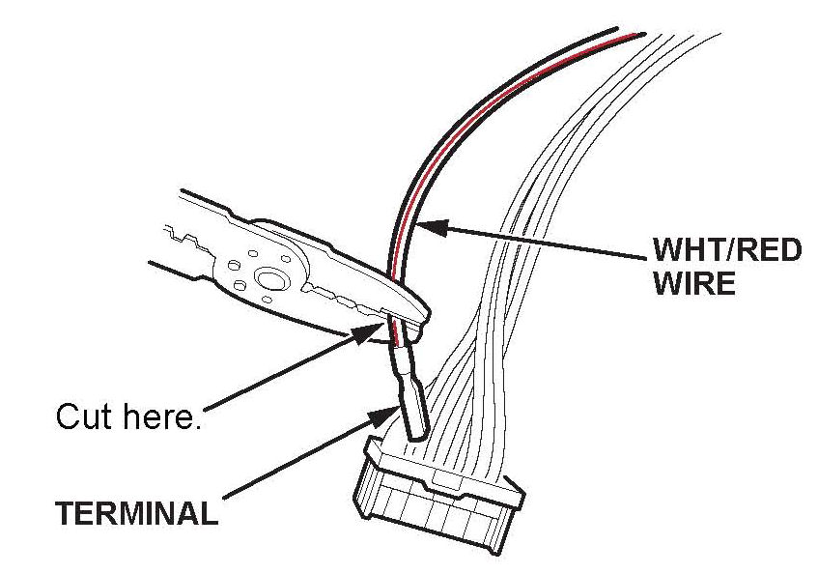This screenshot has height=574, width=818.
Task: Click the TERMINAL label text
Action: click(x=136, y=512)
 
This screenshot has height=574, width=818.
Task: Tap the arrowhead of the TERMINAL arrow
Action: click(x=383, y=414)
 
